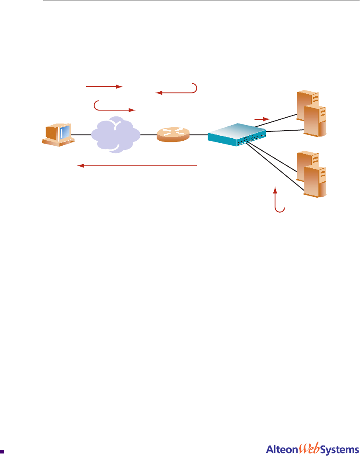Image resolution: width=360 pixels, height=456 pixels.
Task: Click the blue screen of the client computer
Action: pyautogui.click(x=63, y=132)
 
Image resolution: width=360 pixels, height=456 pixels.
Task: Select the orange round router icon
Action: pyautogui.click(x=173, y=135)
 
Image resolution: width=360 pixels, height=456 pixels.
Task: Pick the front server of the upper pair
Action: pyautogui.click(x=315, y=121)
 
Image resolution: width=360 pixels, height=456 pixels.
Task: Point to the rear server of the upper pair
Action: pyautogui.click(x=305, y=100)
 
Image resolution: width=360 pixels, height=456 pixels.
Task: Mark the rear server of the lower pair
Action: pyautogui.click(x=305, y=161)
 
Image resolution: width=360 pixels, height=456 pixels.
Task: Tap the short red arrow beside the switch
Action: pyautogui.click(x=262, y=119)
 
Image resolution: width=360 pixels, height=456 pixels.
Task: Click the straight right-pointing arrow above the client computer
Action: pyautogui.click(x=104, y=87)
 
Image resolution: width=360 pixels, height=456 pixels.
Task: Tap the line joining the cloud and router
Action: pyautogui.click(x=148, y=135)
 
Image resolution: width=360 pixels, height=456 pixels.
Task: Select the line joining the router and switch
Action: pyautogui.click(x=198, y=135)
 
